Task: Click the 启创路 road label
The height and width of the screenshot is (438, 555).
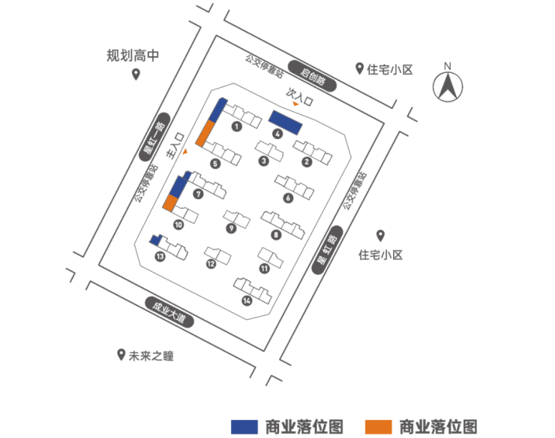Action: tap(314, 76)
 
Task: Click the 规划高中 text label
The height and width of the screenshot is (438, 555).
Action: tap(133, 55)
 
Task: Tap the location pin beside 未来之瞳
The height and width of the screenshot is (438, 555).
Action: tap(121, 355)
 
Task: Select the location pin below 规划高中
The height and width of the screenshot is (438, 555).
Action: tap(136, 74)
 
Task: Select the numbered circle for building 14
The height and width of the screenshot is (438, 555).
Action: tap(247, 301)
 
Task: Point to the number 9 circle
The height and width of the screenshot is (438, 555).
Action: tap(231, 228)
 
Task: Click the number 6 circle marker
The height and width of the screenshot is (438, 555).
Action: tap(288, 198)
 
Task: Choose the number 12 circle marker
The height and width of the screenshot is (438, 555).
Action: tap(211, 264)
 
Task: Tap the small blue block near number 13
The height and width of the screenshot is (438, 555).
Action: tap(156, 240)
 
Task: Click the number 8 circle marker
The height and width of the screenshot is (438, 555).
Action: tap(276, 235)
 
